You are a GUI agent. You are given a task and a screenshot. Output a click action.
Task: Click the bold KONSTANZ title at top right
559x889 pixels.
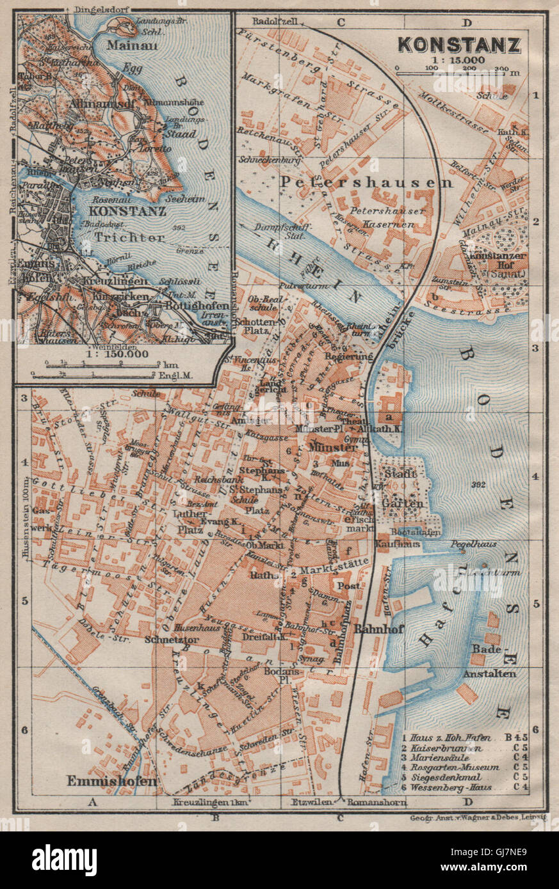[458, 45]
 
